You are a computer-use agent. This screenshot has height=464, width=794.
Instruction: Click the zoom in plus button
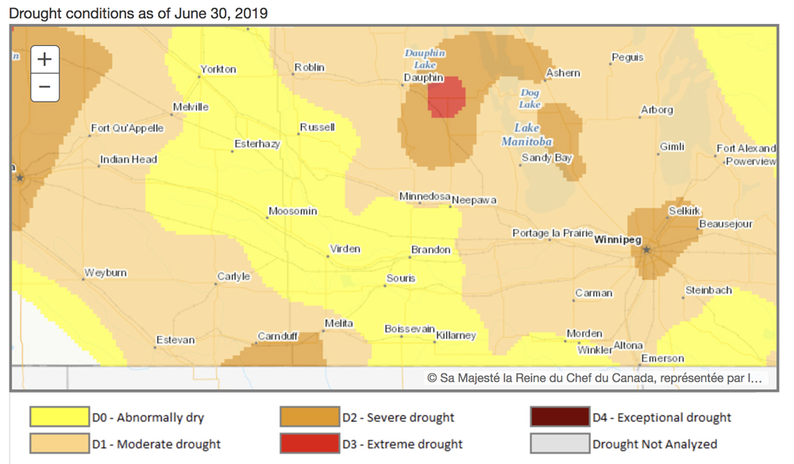[x=44, y=60]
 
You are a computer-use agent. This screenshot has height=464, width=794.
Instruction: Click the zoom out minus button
[x=44, y=87]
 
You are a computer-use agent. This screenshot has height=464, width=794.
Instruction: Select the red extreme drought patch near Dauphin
[x=446, y=97]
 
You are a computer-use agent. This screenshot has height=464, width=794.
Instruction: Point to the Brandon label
[x=430, y=250]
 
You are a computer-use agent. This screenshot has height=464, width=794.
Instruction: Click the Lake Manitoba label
[x=526, y=134]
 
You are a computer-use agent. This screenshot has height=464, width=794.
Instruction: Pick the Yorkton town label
[x=218, y=69]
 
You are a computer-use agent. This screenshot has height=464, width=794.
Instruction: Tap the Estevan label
[x=175, y=340]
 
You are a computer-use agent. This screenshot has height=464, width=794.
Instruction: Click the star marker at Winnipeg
[x=646, y=249]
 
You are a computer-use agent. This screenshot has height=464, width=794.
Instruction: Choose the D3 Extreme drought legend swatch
[x=309, y=443]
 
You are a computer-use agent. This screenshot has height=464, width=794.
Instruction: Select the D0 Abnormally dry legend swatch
[x=59, y=417]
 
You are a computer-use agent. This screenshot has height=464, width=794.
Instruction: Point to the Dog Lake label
[x=530, y=99]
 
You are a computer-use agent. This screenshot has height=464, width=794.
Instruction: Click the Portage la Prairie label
[x=553, y=234]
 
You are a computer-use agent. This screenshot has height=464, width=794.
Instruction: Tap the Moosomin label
[x=292, y=211]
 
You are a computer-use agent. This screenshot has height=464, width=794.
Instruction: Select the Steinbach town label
[x=708, y=291]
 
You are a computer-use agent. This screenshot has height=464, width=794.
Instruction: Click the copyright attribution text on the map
[x=595, y=379]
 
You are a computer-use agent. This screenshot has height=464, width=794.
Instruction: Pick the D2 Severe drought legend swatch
[x=309, y=417]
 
